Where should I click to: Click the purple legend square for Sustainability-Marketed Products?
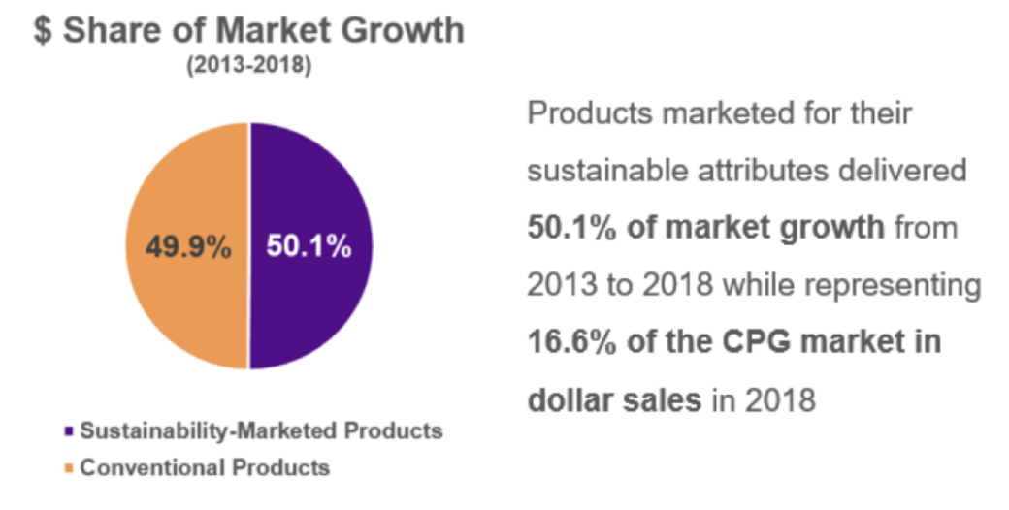click(x=67, y=430)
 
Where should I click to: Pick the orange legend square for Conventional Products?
click(x=67, y=468)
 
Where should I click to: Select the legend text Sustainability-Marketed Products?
click(x=261, y=430)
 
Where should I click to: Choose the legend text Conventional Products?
click(x=205, y=468)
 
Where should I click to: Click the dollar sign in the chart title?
click(x=43, y=30)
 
